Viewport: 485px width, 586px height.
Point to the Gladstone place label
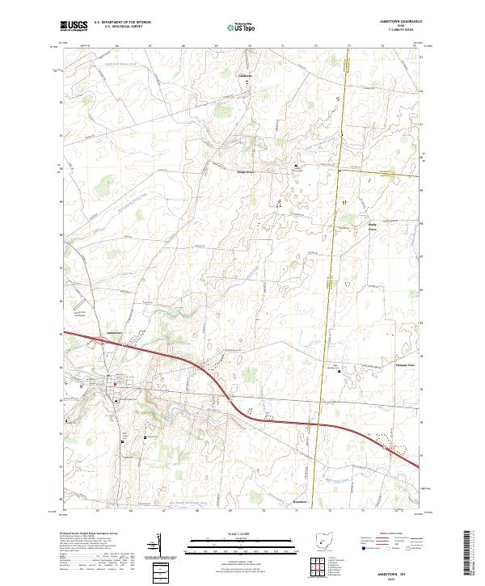(x=244, y=76)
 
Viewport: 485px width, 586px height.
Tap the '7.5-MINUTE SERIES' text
(x=395, y=33)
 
